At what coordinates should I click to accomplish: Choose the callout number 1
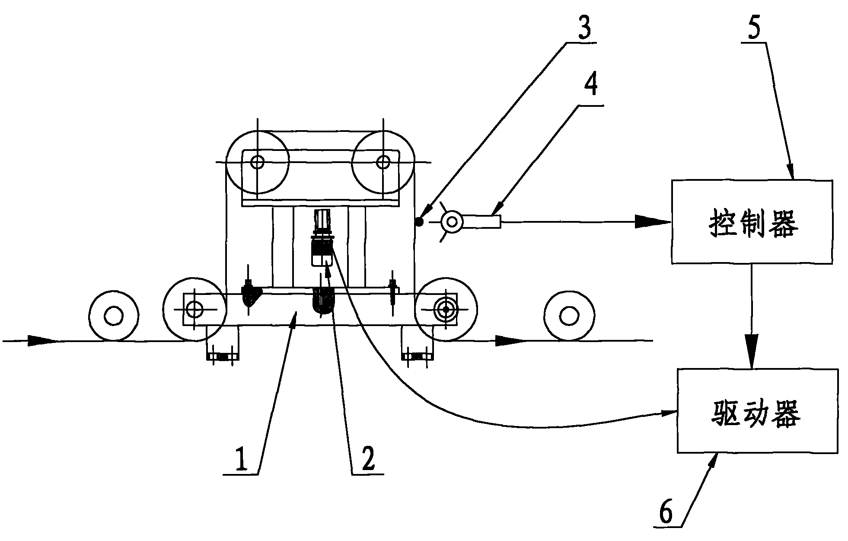pyautogui.click(x=241, y=459)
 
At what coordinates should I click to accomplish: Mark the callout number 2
pyautogui.click(x=368, y=459)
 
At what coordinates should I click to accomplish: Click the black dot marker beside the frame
pyautogui.click(x=418, y=222)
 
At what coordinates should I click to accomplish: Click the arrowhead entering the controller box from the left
pyautogui.click(x=653, y=222)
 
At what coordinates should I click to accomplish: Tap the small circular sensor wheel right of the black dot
pyautogui.click(x=452, y=222)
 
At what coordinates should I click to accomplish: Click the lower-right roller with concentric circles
pyautogui.click(x=446, y=309)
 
